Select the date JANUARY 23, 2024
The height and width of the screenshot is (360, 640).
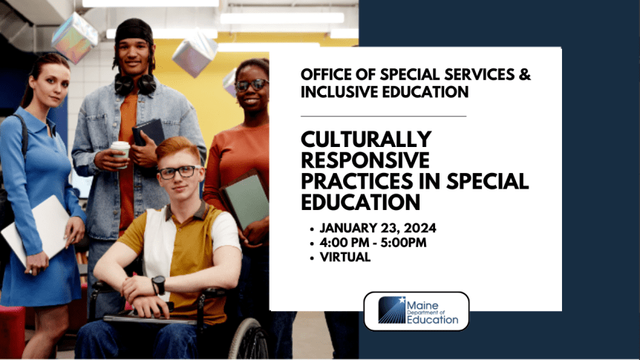click(378, 228)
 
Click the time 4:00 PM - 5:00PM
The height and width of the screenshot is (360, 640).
click(373, 243)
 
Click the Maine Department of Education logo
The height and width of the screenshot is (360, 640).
click(417, 311)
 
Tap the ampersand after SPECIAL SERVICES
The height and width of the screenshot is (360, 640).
click(525, 74)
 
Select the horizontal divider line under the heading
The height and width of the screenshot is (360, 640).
click(383, 116)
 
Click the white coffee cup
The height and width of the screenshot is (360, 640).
click(120, 148)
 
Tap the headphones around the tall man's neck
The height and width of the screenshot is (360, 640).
click(135, 83)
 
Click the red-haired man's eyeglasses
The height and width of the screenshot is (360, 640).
click(177, 171)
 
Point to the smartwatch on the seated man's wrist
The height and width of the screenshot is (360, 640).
click(158, 284)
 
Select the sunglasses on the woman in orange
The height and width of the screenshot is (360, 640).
click(252, 85)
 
